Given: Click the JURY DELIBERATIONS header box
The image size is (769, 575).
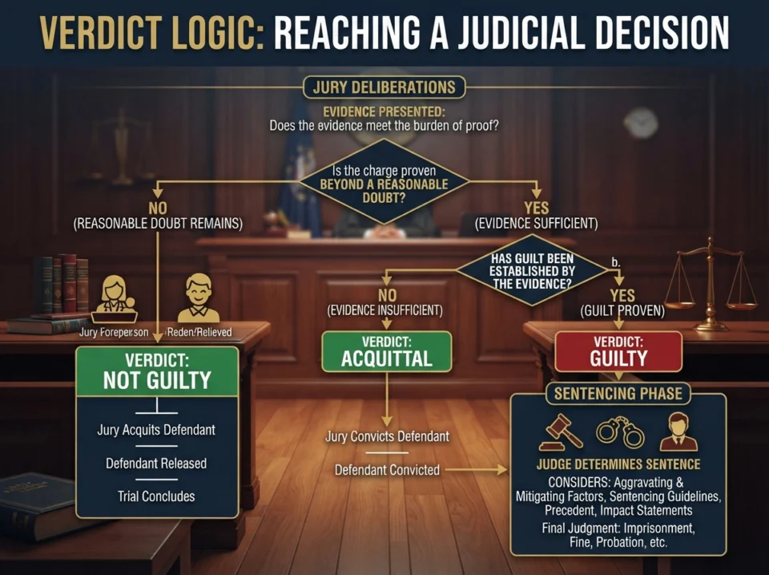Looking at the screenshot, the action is (x=384, y=87).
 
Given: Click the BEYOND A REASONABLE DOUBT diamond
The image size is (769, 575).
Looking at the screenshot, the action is (x=384, y=182).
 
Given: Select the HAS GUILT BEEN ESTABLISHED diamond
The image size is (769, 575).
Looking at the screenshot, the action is (x=532, y=270).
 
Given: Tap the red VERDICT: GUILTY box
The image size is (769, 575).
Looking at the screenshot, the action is (x=618, y=351).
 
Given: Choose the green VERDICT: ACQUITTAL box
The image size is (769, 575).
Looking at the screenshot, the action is (x=386, y=351).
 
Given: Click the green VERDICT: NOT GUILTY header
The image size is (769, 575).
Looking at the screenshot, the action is (x=157, y=372).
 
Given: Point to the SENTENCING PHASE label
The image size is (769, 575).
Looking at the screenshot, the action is (x=618, y=393).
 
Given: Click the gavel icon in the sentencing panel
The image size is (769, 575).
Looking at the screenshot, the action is (x=561, y=432).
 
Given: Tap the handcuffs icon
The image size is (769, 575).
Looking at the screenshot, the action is (x=620, y=431).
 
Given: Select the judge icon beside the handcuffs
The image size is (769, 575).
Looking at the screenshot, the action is (x=678, y=431).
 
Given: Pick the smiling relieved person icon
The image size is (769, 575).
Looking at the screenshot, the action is (x=199, y=298).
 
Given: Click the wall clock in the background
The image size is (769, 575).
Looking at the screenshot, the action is (x=641, y=123).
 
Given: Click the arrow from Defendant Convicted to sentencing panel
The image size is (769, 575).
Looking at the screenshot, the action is (x=476, y=470).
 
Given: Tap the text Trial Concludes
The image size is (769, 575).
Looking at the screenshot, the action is (x=156, y=496).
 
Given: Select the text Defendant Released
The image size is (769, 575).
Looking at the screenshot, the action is (x=156, y=463).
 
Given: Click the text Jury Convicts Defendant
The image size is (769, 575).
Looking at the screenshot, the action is (x=388, y=436).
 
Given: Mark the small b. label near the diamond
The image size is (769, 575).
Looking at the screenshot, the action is (x=616, y=263).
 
